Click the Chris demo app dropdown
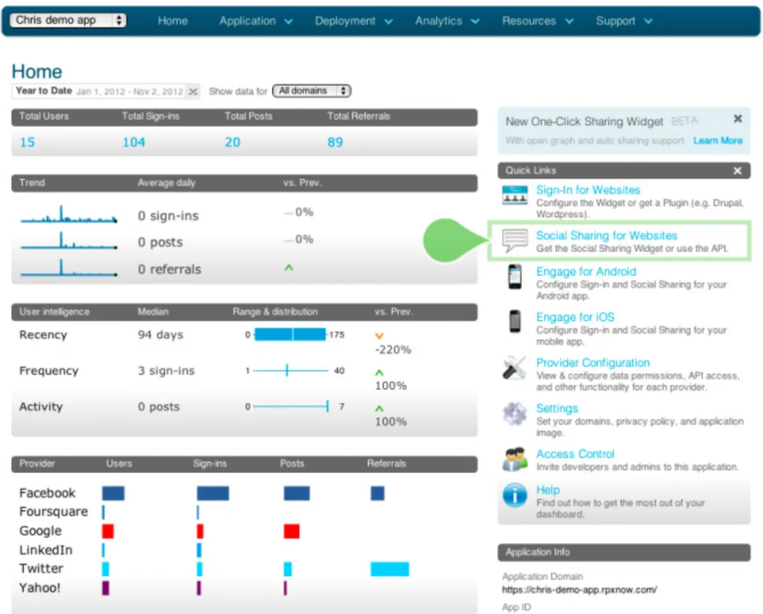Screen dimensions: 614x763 point(67,20)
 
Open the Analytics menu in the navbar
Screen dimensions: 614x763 point(447,21)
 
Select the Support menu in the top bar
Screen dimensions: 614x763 point(624,21)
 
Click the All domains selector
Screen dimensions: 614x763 point(312,91)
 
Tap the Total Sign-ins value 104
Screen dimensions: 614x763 point(134,142)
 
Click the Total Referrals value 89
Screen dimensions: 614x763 point(335,142)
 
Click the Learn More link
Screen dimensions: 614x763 point(717,141)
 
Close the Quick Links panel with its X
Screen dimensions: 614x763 point(737,171)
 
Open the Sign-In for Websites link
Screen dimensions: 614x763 point(588,190)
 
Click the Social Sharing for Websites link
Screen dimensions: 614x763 point(607,235)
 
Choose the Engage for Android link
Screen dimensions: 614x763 point(586,272)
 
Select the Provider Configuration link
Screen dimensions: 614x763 point(593,363)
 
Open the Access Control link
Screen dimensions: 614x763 point(575,454)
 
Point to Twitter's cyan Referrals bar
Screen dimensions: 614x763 point(390,569)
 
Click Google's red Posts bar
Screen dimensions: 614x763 point(291,531)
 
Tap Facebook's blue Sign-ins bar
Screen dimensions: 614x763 point(212,493)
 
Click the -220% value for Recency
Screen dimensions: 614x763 point(392,349)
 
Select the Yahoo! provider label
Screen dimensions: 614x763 point(40,588)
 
